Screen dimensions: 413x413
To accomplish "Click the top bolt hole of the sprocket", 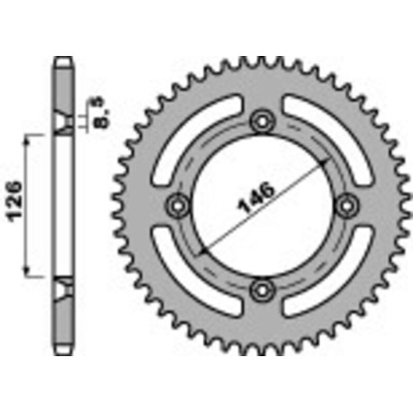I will pos(262,121).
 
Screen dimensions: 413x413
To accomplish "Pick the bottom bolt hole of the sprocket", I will pos(262,289).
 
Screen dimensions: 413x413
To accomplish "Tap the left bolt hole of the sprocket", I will pos(179,204).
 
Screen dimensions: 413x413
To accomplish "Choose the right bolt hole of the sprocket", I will pos(345,204).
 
